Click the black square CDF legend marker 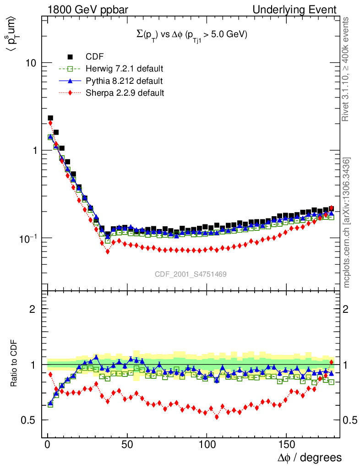(71, 57)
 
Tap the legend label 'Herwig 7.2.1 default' (125, 69)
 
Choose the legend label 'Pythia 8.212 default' (124, 81)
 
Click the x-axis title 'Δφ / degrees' (309, 458)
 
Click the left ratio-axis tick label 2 (33, 309)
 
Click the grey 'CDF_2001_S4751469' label (191, 274)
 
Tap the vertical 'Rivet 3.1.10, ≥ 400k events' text (346, 69)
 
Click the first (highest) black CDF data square (50, 118)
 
